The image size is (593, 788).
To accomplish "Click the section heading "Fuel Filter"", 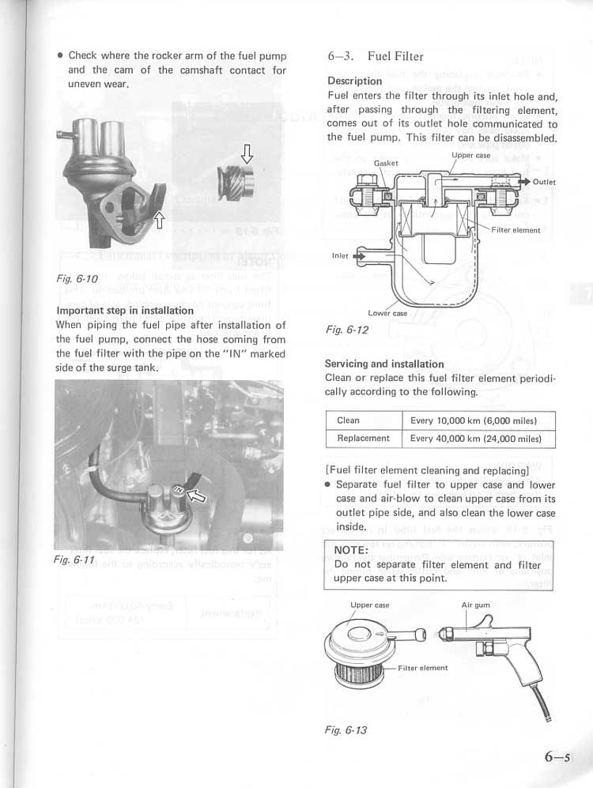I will click(395, 56).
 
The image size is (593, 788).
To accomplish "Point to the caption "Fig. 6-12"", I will click(347, 330).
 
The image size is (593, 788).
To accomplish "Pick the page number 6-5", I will click(557, 756).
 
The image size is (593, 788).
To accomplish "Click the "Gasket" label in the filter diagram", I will click(386, 164).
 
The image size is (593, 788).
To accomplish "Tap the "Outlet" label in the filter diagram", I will click(544, 183).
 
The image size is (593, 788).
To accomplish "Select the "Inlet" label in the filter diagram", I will click(340, 256).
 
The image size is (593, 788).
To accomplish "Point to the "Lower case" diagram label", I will click(387, 313).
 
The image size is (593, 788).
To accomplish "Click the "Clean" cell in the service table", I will click(348, 420).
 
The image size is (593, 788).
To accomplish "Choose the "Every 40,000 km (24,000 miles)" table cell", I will click(476, 439).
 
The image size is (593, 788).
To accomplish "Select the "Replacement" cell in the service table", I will click(363, 439).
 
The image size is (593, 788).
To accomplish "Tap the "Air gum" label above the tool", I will click(476, 605).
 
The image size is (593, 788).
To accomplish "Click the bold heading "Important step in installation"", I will click(125, 311).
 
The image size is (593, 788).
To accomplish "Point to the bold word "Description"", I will click(354, 81).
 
